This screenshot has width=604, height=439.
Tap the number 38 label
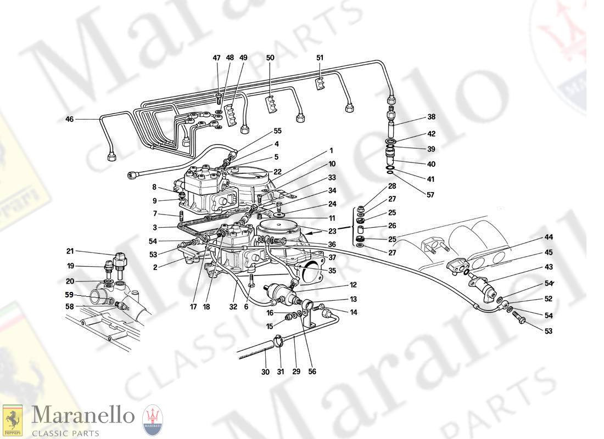coord(431,117)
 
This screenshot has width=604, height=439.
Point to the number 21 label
coord(70,251)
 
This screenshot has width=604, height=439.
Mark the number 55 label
coord(277,131)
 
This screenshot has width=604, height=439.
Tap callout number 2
coord(155,267)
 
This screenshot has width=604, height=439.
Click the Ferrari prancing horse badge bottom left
coord(13,421)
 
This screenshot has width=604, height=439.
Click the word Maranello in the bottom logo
coord(82,414)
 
